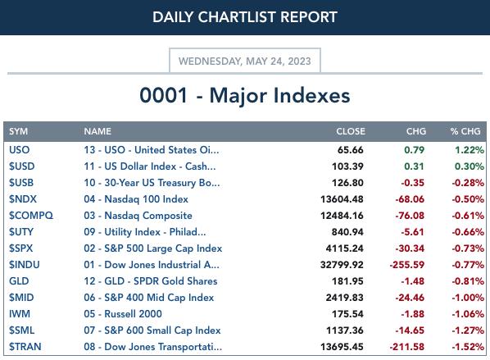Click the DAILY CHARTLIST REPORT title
245,17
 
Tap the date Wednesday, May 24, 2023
245,61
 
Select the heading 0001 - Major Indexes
245,95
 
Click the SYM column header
19,131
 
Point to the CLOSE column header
351,131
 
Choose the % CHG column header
465,131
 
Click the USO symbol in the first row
20,150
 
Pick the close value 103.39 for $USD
347,166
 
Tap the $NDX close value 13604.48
342,199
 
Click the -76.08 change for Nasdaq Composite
410,216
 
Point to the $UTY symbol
21,232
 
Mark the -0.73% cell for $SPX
468,248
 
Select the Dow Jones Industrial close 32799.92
342,265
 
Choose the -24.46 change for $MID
410,298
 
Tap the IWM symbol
20,314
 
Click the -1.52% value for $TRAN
468,347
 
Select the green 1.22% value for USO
470,150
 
